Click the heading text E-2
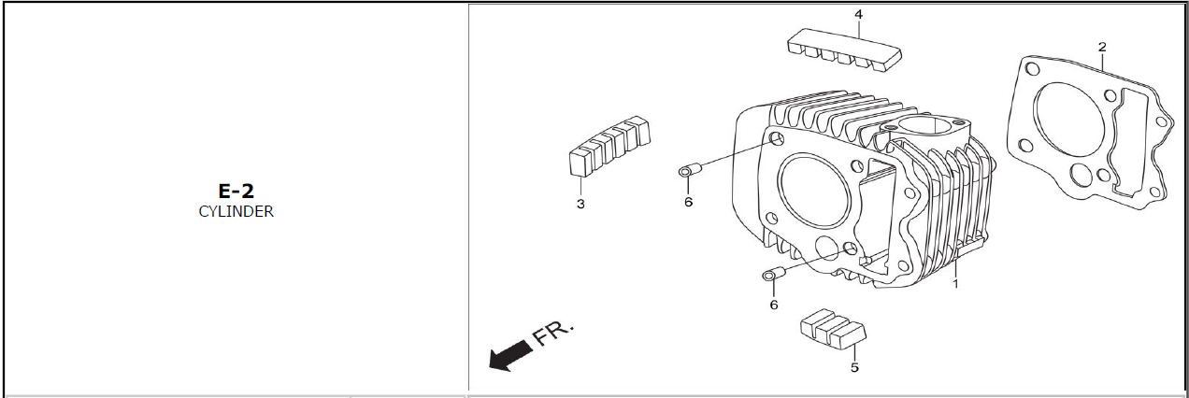[x=236, y=191]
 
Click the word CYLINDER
[x=236, y=211]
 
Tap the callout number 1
[x=955, y=284]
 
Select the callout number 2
[x=1102, y=47]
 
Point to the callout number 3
[x=580, y=204]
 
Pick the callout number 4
[x=859, y=14]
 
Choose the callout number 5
[x=854, y=367]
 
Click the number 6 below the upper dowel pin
[x=689, y=202]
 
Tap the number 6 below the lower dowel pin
[x=774, y=305]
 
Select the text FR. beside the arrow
[x=553, y=334]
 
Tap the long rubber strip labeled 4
[x=844, y=50]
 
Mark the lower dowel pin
[x=774, y=274]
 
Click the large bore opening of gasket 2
[x=1069, y=119]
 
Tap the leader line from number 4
[x=859, y=29]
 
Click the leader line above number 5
[x=854, y=352]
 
